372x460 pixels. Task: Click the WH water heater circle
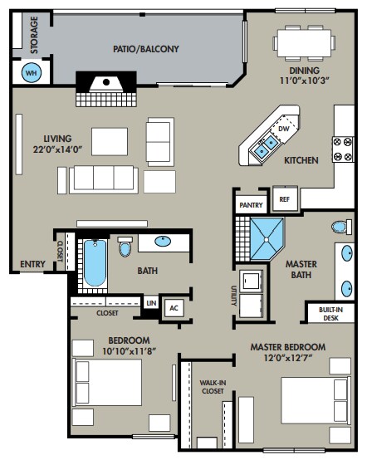point(31,72)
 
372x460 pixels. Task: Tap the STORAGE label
point(34,35)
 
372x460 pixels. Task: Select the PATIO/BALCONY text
point(146,49)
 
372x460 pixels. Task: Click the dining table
point(304,43)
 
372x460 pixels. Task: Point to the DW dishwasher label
point(283,129)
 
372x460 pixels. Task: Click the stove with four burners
point(343,149)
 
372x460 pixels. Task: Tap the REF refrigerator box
point(284,199)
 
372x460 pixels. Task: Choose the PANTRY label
point(251,205)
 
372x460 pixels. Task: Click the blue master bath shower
point(267,239)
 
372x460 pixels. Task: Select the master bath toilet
point(341,227)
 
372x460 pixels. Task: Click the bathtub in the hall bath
point(95,263)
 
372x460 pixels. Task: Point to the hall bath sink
point(163,241)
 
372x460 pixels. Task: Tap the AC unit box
point(174,308)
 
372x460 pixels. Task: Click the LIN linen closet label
point(151,303)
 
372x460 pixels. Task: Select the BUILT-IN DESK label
point(330,314)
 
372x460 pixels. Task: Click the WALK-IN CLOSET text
point(213,387)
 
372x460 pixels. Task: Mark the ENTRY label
point(32,264)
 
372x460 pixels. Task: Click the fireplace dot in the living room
point(106,82)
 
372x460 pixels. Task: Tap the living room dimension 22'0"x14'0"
point(57,149)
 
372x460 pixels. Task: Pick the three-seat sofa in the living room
point(104,179)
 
